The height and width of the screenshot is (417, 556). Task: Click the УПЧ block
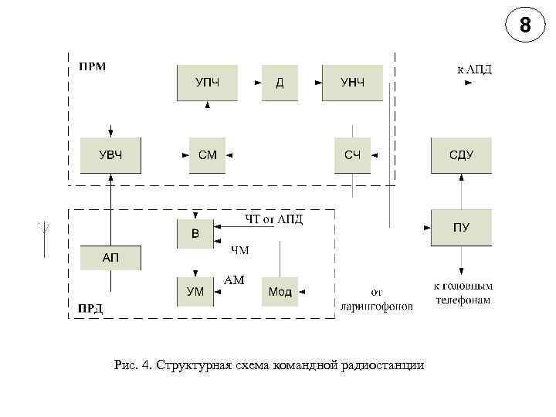pos(207,83)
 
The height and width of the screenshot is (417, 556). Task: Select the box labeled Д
pos(280,83)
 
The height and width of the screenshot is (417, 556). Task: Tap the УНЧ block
pos(352,83)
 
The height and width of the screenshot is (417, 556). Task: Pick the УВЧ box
pos(110,155)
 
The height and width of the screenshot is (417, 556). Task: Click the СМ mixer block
pos(207,155)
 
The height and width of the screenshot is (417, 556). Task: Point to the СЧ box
pos(352,155)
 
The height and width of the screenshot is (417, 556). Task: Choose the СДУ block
pos(461,155)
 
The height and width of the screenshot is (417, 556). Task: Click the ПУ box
pos(461,227)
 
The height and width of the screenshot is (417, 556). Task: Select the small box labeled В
pos(195,234)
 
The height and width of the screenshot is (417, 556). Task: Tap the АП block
pos(110,257)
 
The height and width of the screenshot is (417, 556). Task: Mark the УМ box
pos(195,292)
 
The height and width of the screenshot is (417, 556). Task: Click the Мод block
pos(280,292)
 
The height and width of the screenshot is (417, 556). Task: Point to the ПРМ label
pos(92,66)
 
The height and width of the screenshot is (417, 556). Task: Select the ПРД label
pos(90,309)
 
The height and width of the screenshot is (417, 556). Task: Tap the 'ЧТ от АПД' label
pos(274,219)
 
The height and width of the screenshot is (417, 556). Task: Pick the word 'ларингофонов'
pos(377,306)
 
